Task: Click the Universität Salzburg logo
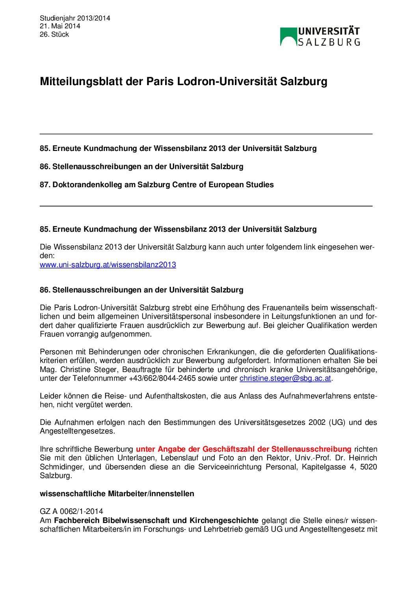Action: [320, 37]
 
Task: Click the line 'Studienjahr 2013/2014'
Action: [75, 18]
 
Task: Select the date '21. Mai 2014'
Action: [60, 26]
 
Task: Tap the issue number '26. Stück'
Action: [54, 34]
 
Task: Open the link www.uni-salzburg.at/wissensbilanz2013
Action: [108, 265]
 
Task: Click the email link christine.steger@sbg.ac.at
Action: [285, 378]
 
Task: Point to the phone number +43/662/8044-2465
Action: [162, 378]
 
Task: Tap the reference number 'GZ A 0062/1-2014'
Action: [71, 512]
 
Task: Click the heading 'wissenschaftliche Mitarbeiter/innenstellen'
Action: [117, 493]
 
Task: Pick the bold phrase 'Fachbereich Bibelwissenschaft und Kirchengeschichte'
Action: [156, 520]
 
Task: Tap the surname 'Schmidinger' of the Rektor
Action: [61, 467]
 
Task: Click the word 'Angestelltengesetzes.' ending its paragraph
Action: [77, 431]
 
